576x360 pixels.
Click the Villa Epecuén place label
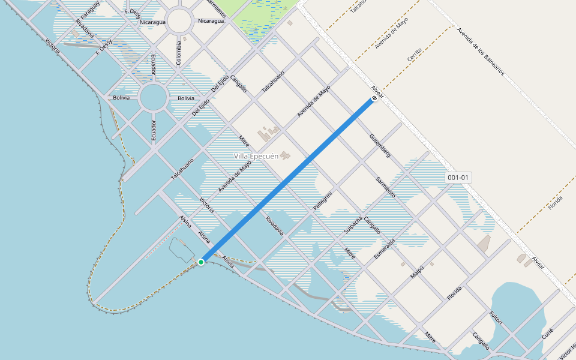pos(256,156)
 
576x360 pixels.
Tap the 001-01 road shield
pos(458,178)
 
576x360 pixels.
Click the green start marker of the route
pos(201,262)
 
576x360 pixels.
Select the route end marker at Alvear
pos(374,98)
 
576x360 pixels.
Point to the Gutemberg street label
pos(380,146)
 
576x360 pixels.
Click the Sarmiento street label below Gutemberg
pos(385,187)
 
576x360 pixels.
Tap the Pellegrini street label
pos(322,200)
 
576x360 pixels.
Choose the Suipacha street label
pos(352,226)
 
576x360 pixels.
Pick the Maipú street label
pos(417,272)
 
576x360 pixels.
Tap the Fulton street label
pos(496,317)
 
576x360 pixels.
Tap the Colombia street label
pos(178,52)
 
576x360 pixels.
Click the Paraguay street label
pos(90,11)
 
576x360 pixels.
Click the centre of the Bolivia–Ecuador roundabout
pos(154,97)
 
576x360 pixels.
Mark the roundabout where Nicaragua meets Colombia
pos(179,22)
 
